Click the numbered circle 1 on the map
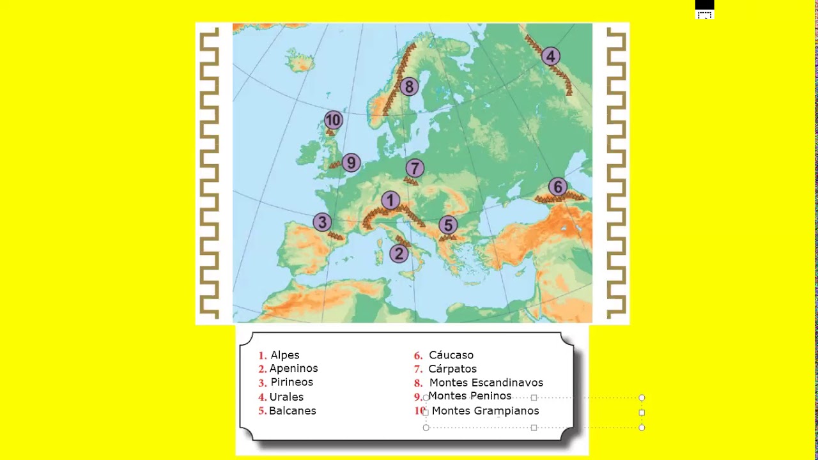[x=390, y=201]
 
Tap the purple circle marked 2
[x=399, y=254]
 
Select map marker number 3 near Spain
[x=322, y=222]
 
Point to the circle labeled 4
[x=550, y=56]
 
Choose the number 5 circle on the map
[x=448, y=225]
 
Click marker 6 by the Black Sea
[x=557, y=187]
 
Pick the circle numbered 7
[x=415, y=168]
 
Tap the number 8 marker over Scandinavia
[x=408, y=86]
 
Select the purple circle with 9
[x=351, y=163]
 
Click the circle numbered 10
[x=333, y=119]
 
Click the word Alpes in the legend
[x=284, y=355]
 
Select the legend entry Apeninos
[x=293, y=369]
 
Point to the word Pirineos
[x=291, y=382]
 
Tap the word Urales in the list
[x=286, y=397]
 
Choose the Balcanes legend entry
[x=292, y=411]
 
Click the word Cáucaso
[x=451, y=355]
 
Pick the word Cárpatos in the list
[x=452, y=369]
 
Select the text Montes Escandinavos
[x=486, y=383]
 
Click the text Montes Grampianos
[x=485, y=411]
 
